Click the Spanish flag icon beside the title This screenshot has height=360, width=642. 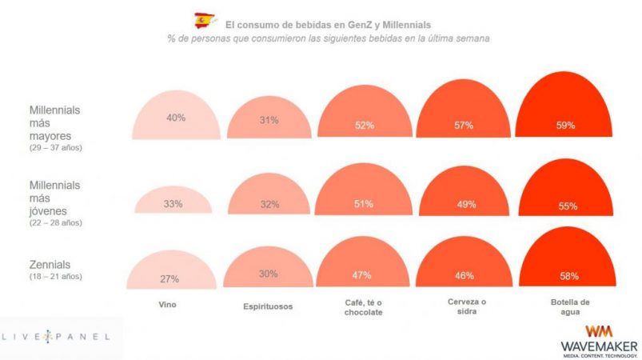tap(205, 20)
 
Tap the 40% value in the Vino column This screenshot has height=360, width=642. tap(176, 118)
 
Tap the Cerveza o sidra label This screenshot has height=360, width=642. tap(465, 306)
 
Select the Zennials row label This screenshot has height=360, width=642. tap(50, 264)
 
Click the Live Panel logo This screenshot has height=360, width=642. tap(61, 337)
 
